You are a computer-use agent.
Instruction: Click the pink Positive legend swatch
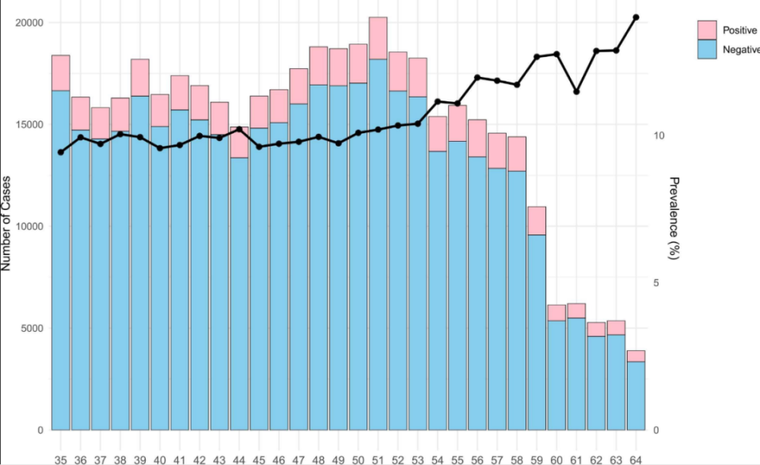click(707, 30)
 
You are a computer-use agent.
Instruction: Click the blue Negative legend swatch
click(707, 49)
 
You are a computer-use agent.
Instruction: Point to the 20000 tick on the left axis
click(30, 22)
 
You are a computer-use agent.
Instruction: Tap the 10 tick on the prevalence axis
click(659, 136)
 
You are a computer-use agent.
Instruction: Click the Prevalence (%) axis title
click(674, 219)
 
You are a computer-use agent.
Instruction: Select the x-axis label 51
click(378, 459)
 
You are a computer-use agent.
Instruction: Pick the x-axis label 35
click(61, 459)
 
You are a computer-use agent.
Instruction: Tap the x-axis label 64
click(636, 459)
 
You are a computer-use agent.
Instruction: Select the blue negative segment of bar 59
click(537, 333)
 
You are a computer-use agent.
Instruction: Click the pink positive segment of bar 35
click(61, 73)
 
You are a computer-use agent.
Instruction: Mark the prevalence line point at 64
click(636, 17)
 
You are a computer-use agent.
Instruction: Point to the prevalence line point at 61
click(576, 92)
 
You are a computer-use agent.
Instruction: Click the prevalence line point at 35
click(61, 152)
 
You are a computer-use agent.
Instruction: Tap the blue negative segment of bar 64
click(636, 396)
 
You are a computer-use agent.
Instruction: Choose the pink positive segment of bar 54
click(437, 134)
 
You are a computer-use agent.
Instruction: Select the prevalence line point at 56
click(477, 78)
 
